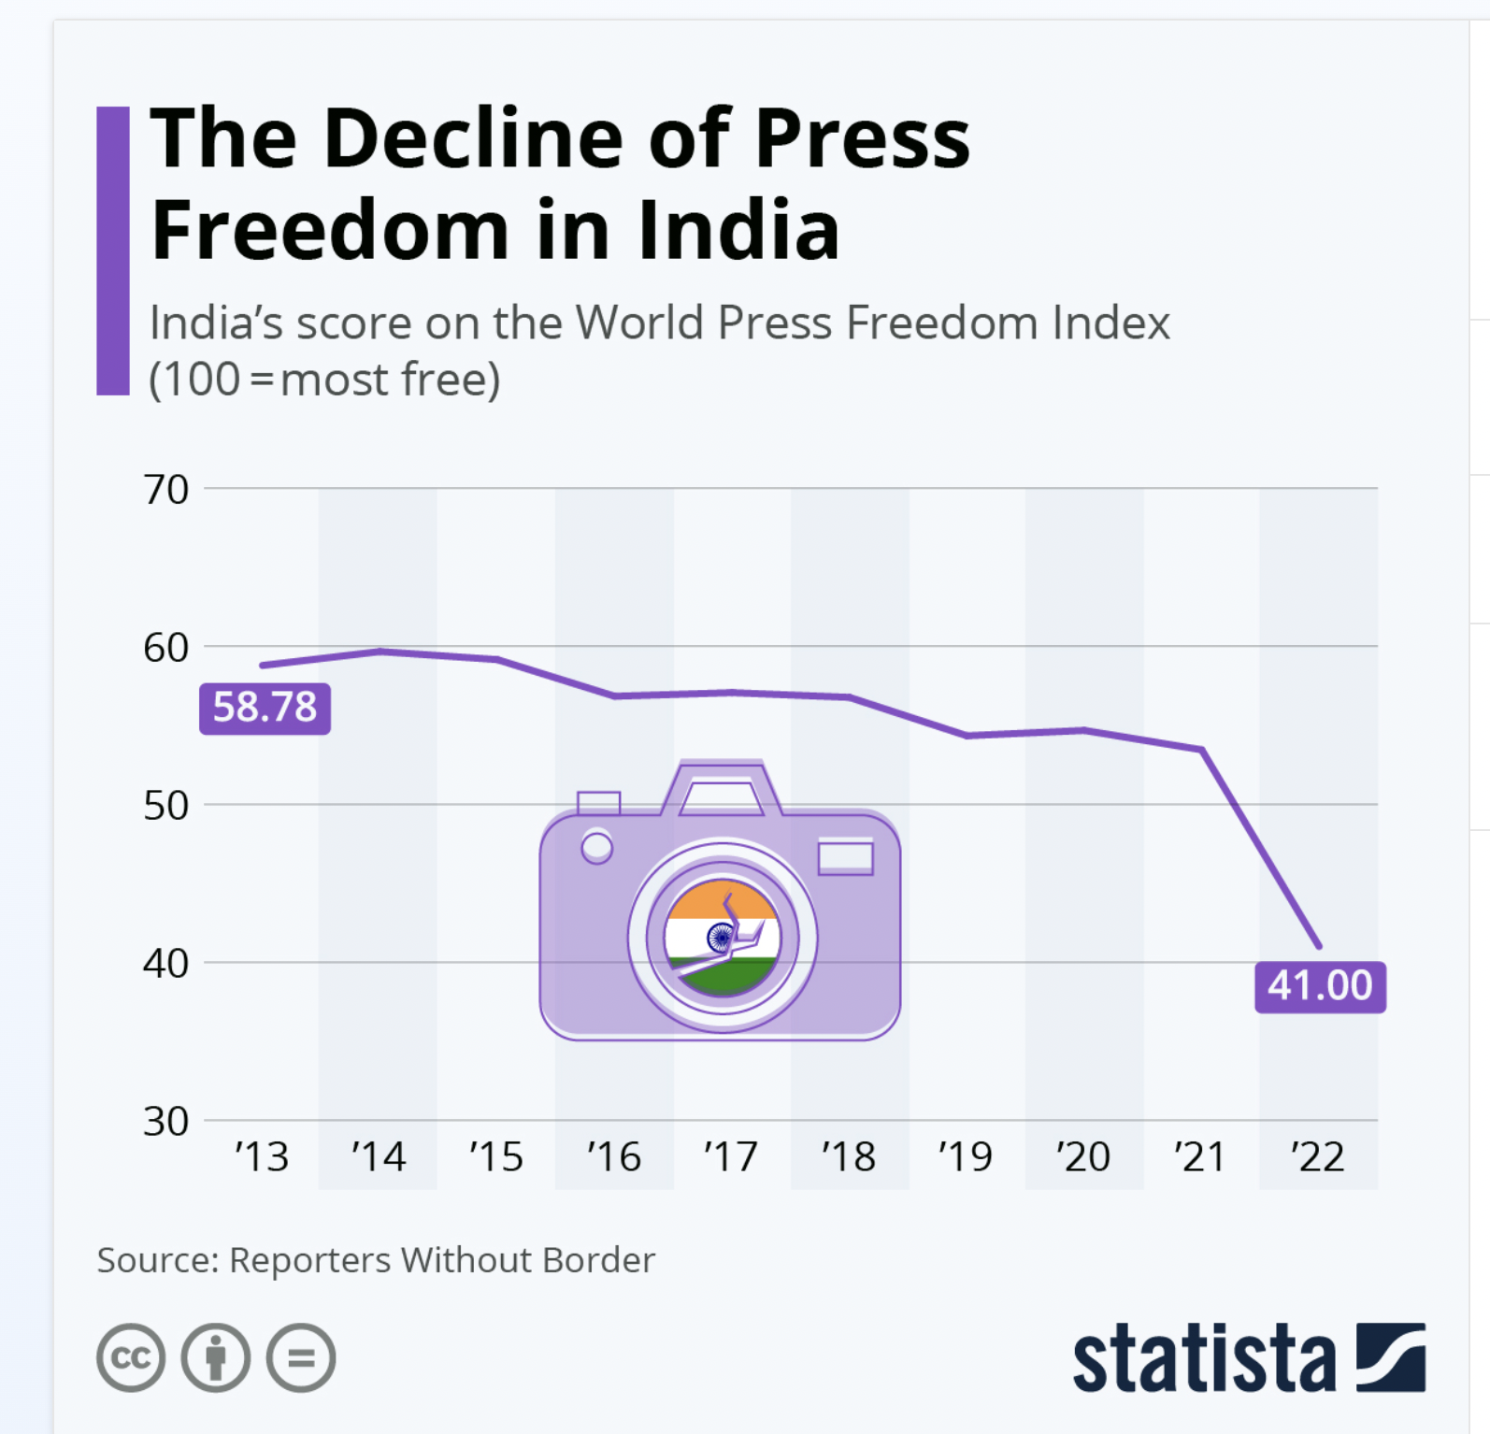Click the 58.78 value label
click(265, 707)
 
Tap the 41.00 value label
click(1320, 985)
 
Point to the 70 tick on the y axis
click(166, 490)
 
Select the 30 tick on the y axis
click(166, 1121)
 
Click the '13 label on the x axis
click(262, 1157)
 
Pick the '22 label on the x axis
click(1318, 1157)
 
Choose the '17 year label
click(731, 1157)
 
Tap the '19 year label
click(966, 1157)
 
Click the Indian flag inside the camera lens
click(722, 937)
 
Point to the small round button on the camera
click(596, 848)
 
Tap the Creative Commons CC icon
click(131, 1357)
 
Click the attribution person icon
click(216, 1357)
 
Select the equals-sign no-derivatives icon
click(301, 1357)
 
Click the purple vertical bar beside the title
click(113, 251)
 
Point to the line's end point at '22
click(1319, 946)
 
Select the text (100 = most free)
click(324, 380)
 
